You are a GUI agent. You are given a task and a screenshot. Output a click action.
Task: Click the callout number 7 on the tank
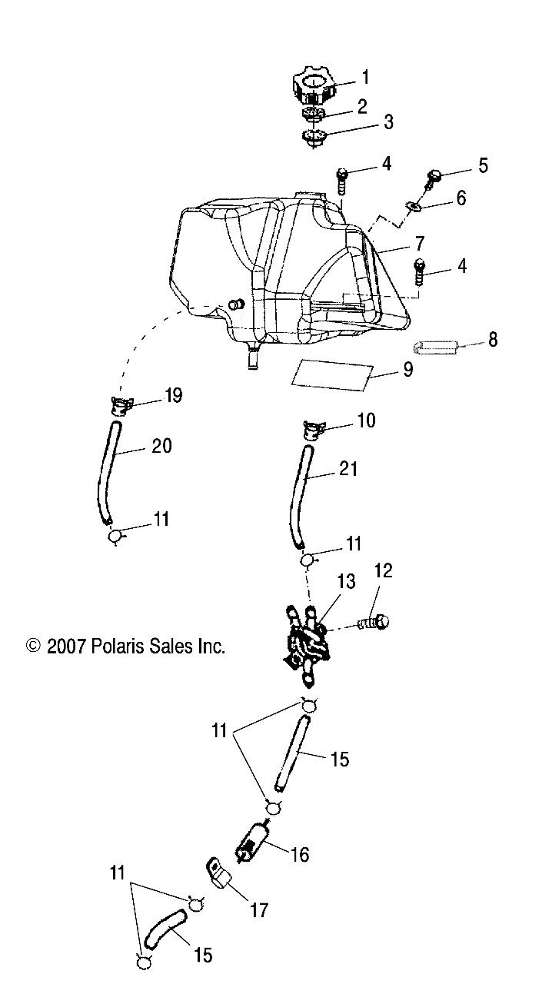point(419,244)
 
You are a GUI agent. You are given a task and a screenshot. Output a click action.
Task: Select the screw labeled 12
point(374,620)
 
